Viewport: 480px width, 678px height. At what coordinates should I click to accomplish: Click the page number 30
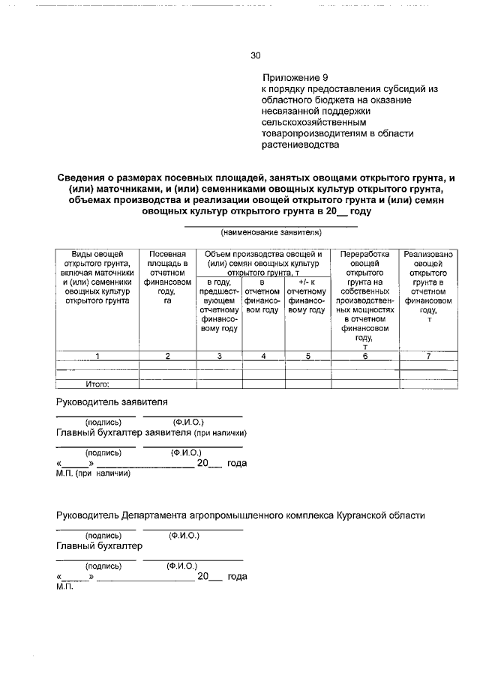pyautogui.click(x=255, y=55)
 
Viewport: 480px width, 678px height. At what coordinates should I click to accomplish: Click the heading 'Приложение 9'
pyautogui.click(x=295, y=77)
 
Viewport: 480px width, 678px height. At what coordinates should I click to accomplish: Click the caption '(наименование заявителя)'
pyautogui.click(x=271, y=233)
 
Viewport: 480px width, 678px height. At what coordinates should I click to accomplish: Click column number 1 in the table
pyautogui.click(x=97, y=356)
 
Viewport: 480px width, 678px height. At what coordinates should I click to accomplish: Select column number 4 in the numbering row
pyautogui.click(x=264, y=356)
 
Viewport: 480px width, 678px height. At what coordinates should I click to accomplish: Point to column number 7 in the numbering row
pyautogui.click(x=428, y=356)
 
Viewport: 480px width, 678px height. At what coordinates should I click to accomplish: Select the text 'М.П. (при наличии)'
pyautogui.click(x=94, y=473)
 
